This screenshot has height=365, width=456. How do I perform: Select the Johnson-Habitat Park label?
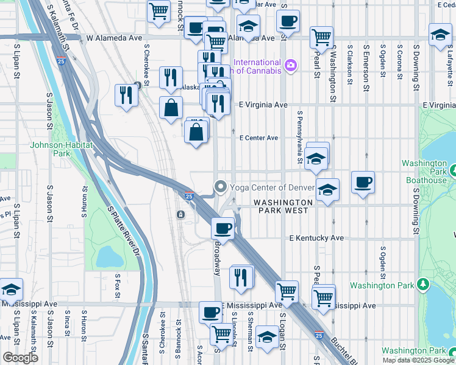(x=61, y=149)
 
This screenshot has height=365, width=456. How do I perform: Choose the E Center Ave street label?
(x=258, y=138)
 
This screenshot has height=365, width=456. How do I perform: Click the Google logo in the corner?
(x=20, y=358)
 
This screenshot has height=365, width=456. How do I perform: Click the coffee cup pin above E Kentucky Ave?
(x=223, y=228)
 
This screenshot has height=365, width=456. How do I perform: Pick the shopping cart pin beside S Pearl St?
(x=321, y=36)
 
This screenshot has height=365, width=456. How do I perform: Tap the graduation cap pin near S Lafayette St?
(x=440, y=34)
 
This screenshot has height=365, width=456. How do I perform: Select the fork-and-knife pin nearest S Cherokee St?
(x=171, y=77)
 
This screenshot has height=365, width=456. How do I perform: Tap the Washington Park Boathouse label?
(x=425, y=172)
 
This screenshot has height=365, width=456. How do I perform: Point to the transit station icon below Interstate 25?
(x=180, y=215)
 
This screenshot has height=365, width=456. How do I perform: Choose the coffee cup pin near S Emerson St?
(x=363, y=182)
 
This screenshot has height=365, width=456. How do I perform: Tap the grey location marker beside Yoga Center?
(x=220, y=187)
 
